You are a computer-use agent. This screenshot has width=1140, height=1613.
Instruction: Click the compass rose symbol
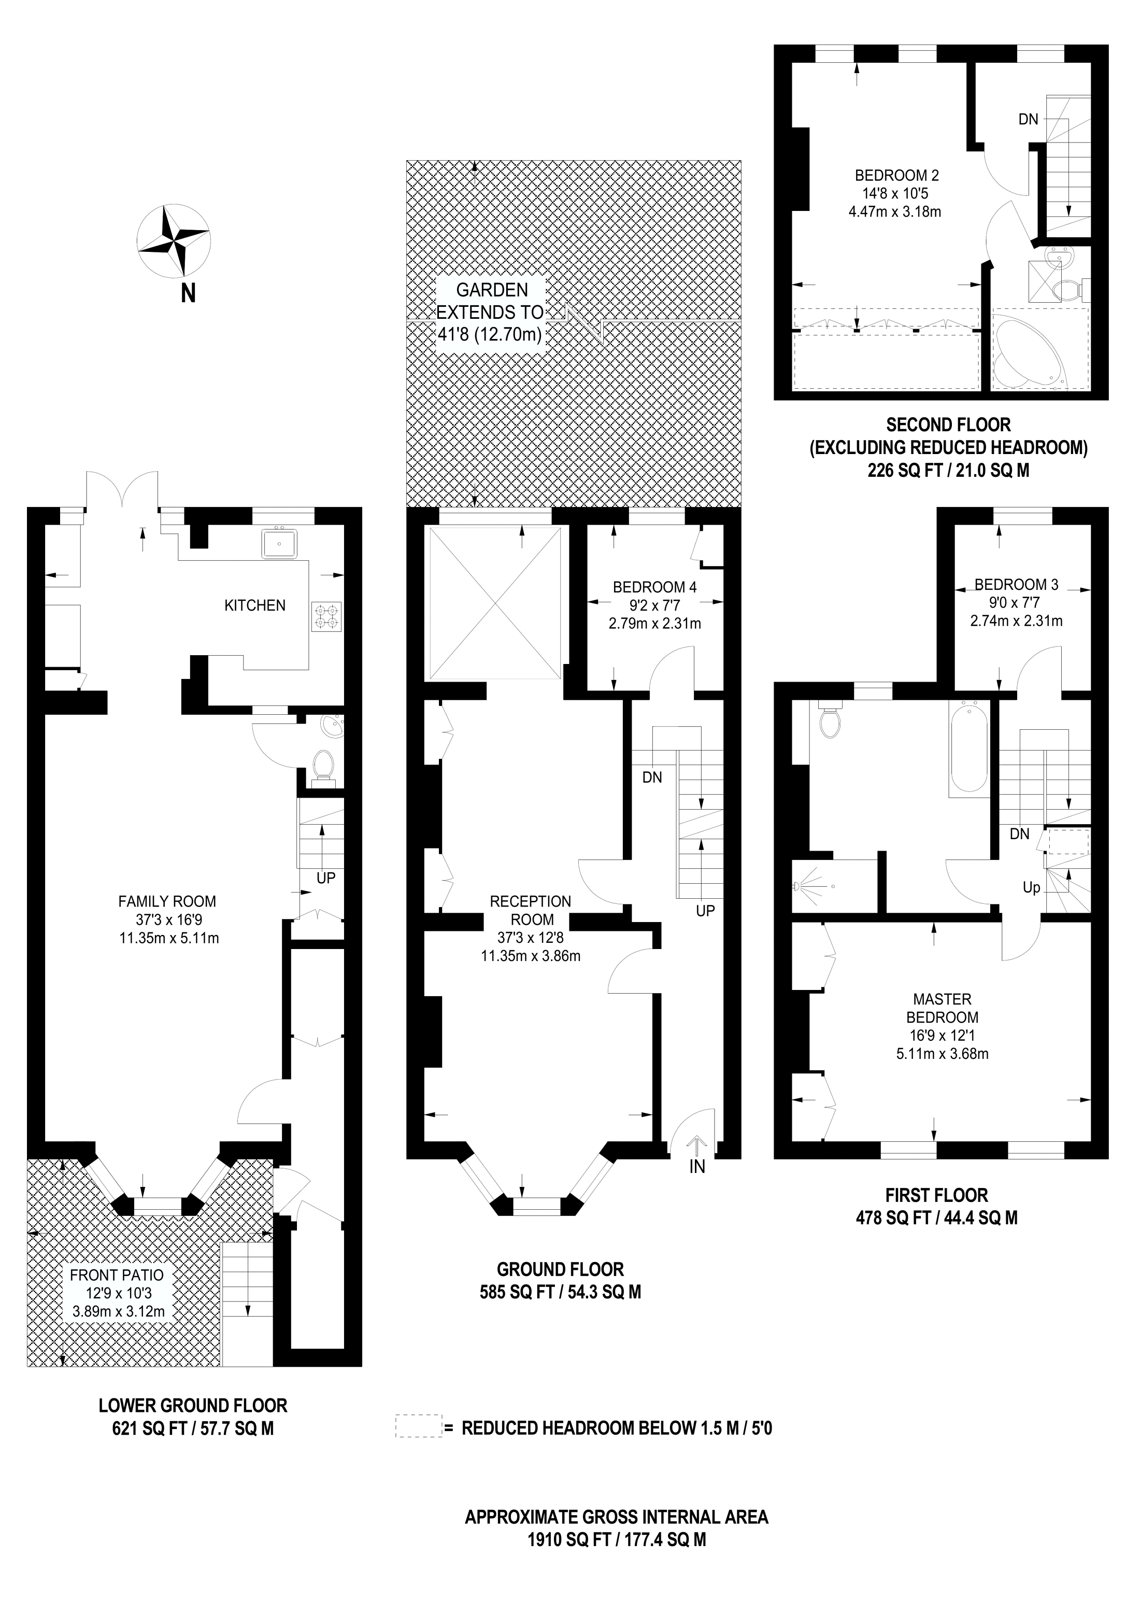tap(173, 240)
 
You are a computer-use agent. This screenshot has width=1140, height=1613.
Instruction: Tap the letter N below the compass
tap(188, 294)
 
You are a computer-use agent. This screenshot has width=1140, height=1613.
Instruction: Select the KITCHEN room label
tap(255, 605)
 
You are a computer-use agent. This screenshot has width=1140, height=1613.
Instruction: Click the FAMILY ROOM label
tap(167, 901)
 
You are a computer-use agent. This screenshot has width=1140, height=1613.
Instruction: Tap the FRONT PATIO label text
tap(117, 1275)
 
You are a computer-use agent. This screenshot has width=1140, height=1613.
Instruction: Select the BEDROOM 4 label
tap(654, 587)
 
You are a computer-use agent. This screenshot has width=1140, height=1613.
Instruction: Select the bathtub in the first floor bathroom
tap(970, 748)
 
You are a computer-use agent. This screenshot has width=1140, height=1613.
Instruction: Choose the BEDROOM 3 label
tap(1016, 585)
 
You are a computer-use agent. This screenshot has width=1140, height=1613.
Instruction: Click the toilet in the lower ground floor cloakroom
tap(323, 765)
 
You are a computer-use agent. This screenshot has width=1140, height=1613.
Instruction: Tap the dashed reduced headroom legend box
tap(419, 1426)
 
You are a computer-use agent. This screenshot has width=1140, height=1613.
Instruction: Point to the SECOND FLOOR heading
tap(948, 425)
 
